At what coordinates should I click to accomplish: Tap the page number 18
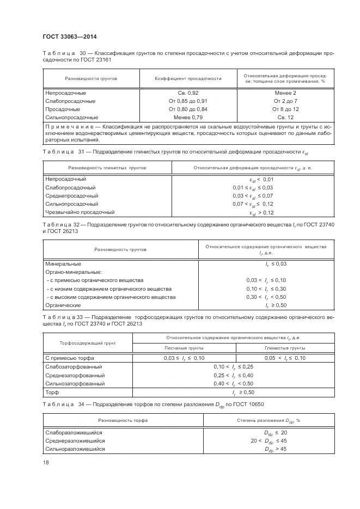[x=46, y=462]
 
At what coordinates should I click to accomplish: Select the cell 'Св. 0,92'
[x=188, y=93]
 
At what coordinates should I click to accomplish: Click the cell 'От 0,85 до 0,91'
[x=188, y=101]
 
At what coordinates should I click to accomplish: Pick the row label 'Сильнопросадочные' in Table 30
[x=72, y=117]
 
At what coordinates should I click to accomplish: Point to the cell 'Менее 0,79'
[x=188, y=117]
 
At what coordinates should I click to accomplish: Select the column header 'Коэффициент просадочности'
[x=188, y=78]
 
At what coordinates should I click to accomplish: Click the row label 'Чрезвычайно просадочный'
[x=80, y=212]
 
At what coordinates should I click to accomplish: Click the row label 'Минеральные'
[x=64, y=263]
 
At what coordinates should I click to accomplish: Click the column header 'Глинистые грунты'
[x=285, y=347]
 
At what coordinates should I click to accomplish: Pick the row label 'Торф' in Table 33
[x=52, y=392]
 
